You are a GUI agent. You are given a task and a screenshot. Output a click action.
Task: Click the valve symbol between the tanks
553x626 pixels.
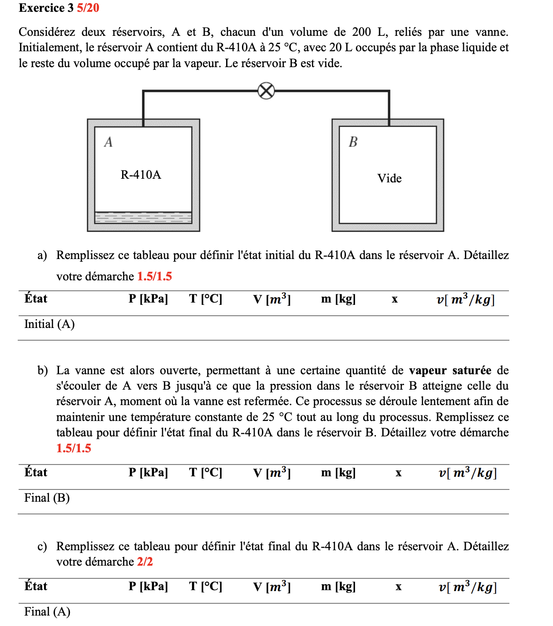click(x=266, y=91)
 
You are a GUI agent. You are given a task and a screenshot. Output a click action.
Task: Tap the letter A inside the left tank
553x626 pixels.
click(x=108, y=142)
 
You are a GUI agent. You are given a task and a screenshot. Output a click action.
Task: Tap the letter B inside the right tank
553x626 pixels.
click(x=353, y=142)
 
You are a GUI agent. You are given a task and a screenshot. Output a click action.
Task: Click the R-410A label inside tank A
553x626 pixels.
click(x=141, y=175)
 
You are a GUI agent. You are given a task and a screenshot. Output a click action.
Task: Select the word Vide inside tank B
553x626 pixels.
click(x=389, y=178)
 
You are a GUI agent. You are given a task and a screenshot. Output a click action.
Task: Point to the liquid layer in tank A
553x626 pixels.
click(x=143, y=218)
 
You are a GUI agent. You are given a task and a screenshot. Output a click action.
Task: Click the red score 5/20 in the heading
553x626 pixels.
click(x=88, y=8)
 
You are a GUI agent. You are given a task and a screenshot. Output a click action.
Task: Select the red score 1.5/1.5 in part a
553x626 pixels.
click(x=154, y=276)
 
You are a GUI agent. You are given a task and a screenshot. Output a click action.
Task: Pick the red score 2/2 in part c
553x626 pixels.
click(x=145, y=562)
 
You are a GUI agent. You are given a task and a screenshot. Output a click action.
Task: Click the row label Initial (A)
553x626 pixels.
click(x=49, y=324)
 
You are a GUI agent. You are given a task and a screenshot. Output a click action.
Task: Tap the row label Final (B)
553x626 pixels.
click(x=47, y=498)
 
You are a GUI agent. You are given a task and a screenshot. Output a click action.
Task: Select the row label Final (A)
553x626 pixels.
click(x=47, y=611)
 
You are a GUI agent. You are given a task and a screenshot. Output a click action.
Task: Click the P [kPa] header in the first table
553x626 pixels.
click(x=148, y=299)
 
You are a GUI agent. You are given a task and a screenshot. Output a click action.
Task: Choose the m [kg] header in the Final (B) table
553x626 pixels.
click(x=338, y=473)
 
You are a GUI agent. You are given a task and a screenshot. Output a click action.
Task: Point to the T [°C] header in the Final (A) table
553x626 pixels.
click(x=206, y=587)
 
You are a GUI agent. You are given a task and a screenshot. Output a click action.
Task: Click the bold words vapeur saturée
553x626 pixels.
click(x=450, y=371)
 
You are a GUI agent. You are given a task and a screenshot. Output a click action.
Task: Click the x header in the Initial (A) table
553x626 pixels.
click(x=395, y=299)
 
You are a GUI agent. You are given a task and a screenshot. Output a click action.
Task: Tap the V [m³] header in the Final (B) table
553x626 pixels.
click(x=272, y=473)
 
